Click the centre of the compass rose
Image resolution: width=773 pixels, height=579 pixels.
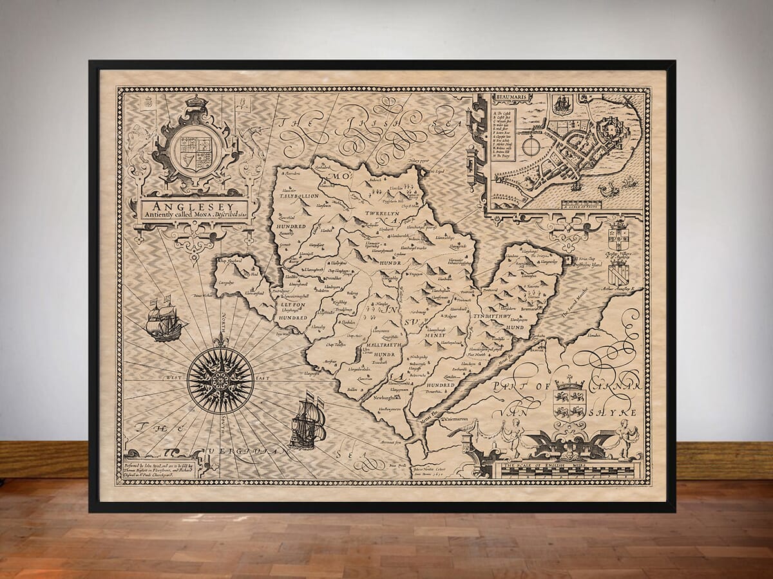tap(220, 380)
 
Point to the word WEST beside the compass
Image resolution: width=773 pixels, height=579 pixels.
tap(173, 378)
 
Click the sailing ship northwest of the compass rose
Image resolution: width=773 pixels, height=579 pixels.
tap(164, 319)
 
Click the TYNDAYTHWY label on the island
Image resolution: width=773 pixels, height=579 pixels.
tap(493, 317)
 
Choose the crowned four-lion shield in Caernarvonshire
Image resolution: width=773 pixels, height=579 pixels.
tap(569, 402)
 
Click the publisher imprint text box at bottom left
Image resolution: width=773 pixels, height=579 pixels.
tap(160, 468)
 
